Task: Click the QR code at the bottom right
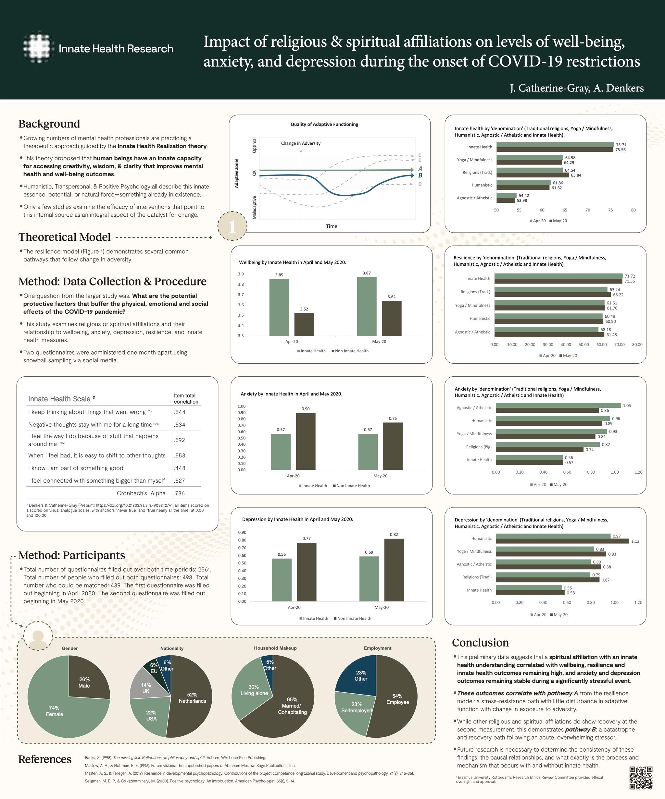641,778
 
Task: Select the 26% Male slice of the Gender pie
86,681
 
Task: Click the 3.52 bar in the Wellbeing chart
304,324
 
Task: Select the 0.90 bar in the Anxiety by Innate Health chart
306,442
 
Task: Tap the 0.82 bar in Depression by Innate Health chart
394,570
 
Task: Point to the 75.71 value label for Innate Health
621,145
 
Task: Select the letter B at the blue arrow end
420,176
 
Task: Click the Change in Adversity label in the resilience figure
300,143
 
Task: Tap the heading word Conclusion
480,643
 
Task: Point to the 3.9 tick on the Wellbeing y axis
241,274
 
